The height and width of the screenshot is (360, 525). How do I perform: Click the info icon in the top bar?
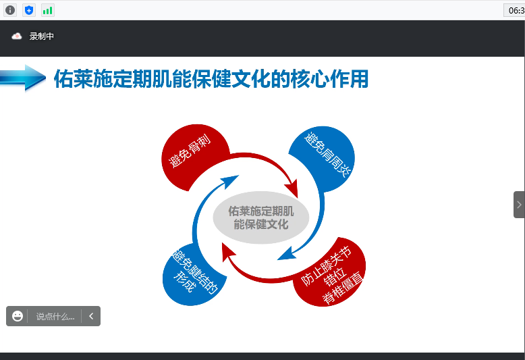click(x=10, y=10)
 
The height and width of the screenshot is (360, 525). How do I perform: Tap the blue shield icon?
click(x=29, y=10)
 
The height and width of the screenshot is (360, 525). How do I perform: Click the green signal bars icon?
click(x=48, y=10)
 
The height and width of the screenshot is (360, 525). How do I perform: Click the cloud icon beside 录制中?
click(x=17, y=36)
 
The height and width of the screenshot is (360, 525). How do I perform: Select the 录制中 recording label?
click(x=41, y=36)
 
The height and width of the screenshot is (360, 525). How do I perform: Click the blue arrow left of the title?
click(x=23, y=77)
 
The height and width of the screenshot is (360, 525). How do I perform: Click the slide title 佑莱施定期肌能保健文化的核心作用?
click(x=211, y=79)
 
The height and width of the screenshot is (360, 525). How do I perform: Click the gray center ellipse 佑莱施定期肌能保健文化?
click(x=261, y=217)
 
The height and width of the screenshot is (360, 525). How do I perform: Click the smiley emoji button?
click(x=18, y=316)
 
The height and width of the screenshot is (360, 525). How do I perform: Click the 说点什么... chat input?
click(x=55, y=316)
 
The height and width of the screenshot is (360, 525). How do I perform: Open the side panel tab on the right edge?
click(x=518, y=205)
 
